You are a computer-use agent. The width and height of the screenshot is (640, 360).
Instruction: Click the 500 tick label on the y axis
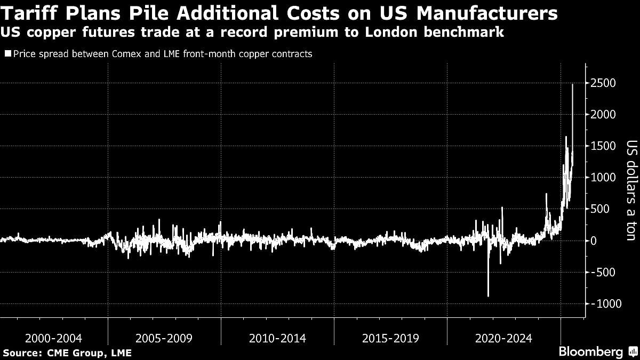(x=598, y=209)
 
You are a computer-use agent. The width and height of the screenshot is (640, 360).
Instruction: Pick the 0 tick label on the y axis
(x=593, y=241)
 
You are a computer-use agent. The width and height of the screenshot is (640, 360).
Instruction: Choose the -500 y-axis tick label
(x=601, y=272)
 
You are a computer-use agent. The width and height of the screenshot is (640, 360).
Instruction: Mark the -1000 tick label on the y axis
(x=603, y=303)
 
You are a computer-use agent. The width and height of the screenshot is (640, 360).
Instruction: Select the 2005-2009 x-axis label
(x=164, y=338)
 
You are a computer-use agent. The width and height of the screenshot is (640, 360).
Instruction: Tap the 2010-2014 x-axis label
(x=277, y=338)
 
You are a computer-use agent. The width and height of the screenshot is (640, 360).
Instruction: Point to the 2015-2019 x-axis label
(x=390, y=338)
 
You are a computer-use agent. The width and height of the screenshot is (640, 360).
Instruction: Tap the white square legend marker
(x=7, y=54)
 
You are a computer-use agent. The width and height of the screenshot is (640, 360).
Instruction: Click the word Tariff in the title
(x=29, y=13)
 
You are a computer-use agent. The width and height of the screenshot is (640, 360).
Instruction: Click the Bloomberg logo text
(x=590, y=352)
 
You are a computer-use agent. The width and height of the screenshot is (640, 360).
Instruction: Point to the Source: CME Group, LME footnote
(x=67, y=353)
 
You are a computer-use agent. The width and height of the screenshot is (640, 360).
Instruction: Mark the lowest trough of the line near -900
(x=488, y=296)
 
